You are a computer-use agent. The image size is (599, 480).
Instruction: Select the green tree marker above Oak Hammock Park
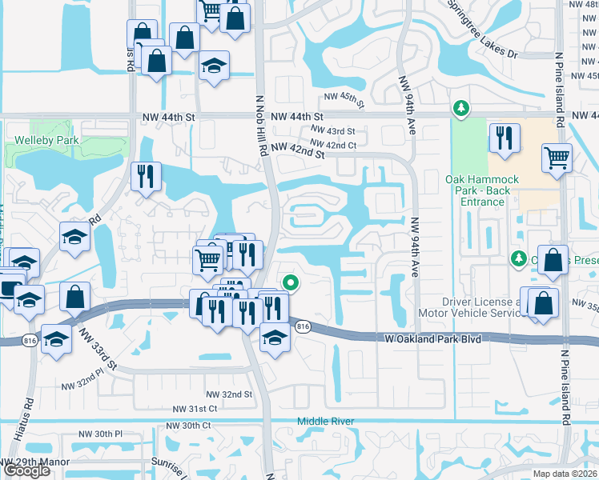(460, 107)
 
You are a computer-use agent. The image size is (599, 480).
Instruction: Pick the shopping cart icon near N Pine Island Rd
(557, 158)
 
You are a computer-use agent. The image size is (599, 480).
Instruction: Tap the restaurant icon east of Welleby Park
(146, 177)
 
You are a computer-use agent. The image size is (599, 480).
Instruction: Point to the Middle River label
(324, 421)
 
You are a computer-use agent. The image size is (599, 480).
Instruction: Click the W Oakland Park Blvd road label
(432, 339)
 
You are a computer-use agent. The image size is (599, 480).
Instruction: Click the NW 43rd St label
(332, 130)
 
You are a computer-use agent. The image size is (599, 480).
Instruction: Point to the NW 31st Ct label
(195, 409)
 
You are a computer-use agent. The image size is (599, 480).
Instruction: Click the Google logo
(27, 470)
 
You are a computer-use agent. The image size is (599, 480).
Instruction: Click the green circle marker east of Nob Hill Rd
(291, 282)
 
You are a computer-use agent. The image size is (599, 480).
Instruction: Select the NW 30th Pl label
(100, 434)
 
